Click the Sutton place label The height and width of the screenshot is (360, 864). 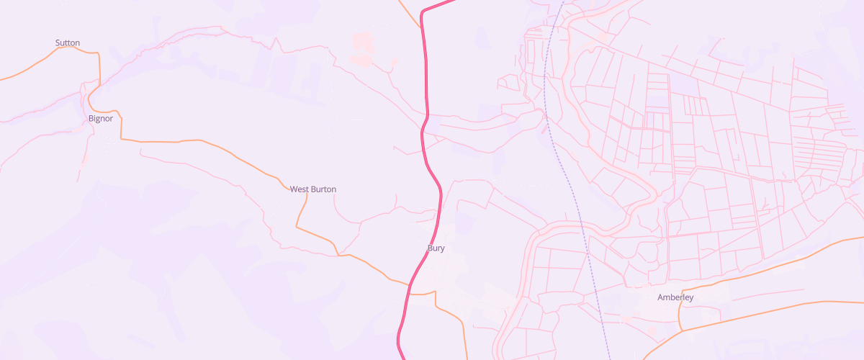coord(68,43)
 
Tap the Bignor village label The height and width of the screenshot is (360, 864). coord(101,119)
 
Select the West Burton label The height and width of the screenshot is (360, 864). coord(312,189)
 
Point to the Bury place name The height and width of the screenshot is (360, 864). coord(436,248)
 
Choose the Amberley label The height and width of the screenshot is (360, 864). coord(675,297)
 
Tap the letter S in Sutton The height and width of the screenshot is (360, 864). coord(58,43)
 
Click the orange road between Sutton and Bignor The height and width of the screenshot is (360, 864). coord(99,72)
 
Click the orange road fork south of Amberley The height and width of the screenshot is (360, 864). coord(681,331)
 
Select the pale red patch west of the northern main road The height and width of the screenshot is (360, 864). coord(363,45)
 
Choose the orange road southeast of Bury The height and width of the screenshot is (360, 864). coord(454,317)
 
